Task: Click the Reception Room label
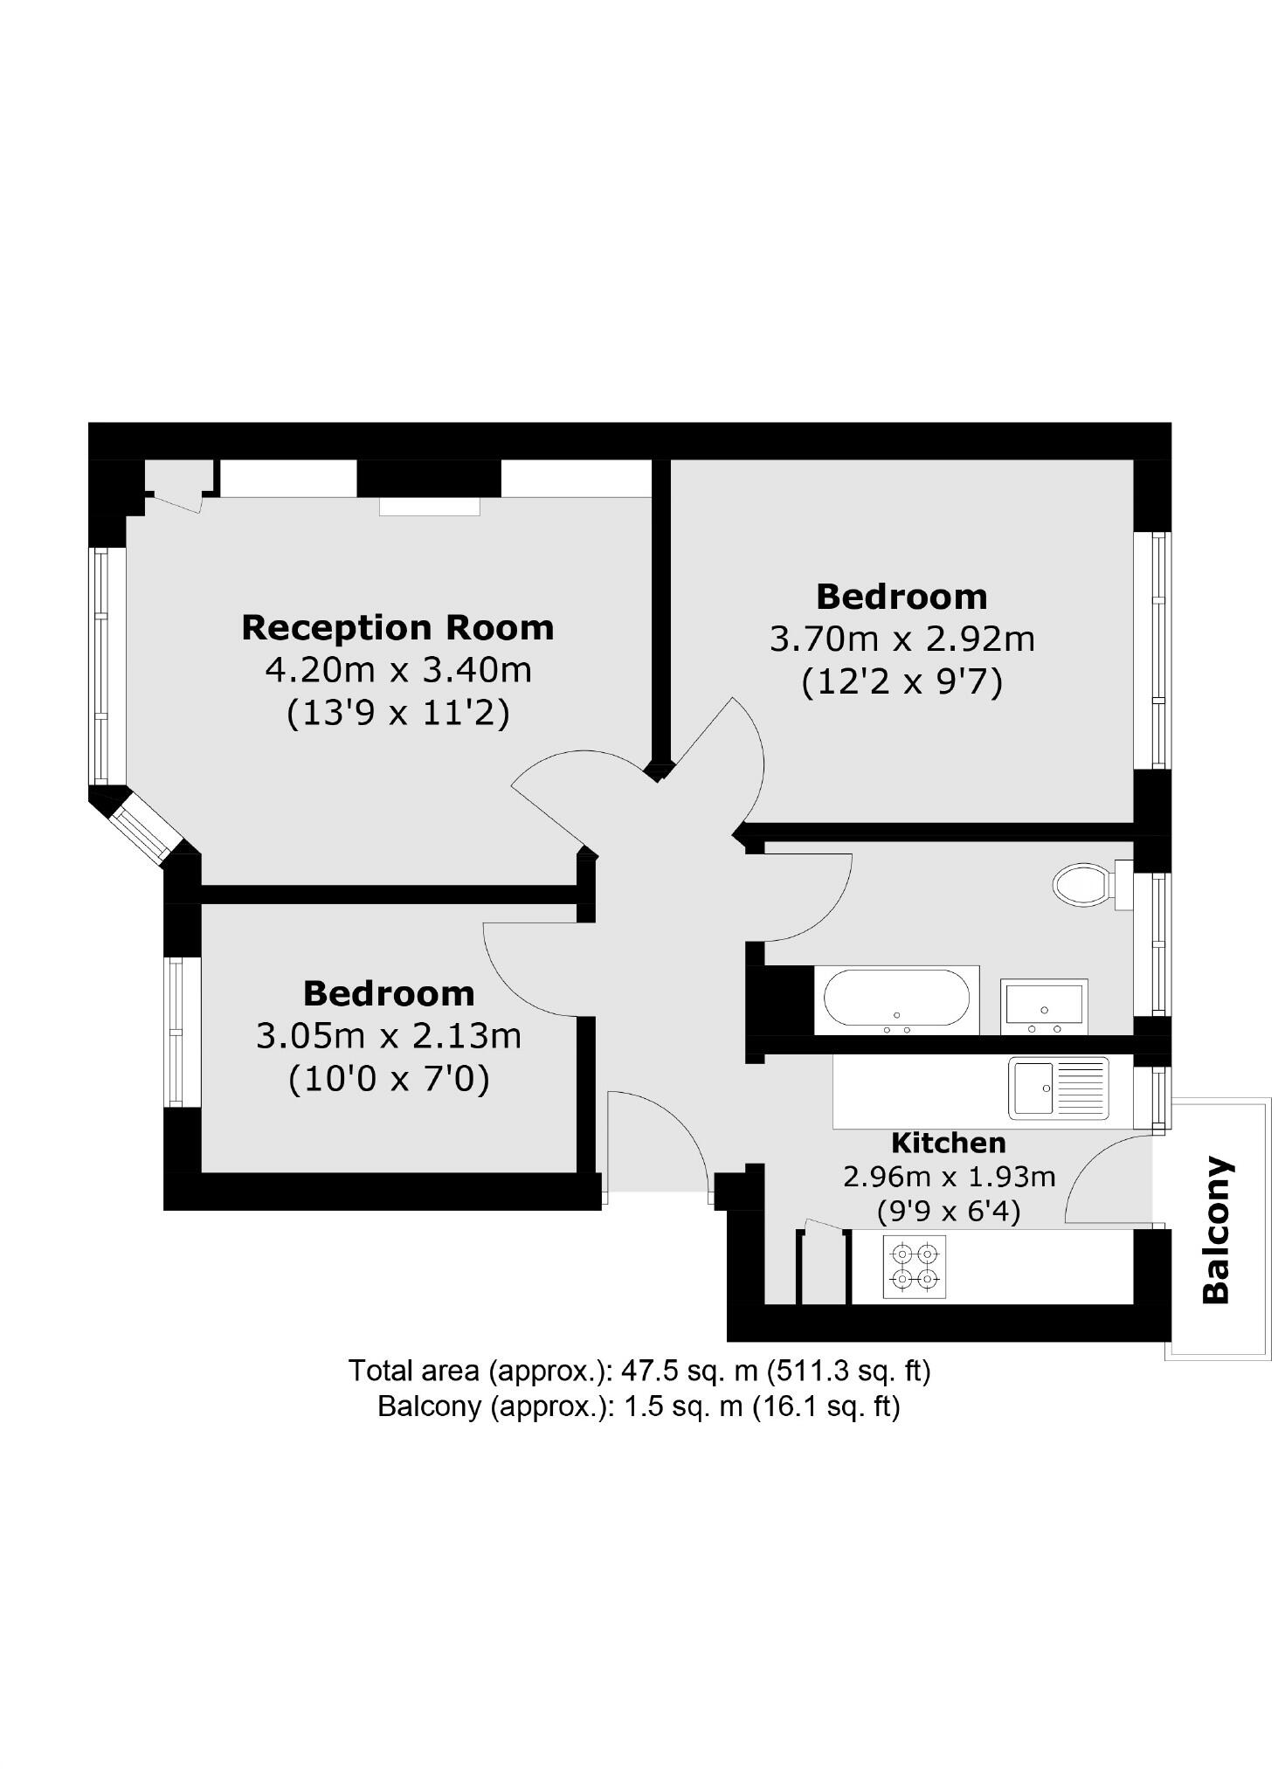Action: (397, 627)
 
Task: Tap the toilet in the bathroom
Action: (1083, 885)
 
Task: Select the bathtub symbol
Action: (896, 998)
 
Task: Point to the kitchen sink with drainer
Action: (1058, 1088)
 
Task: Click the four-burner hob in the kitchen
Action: (914, 1267)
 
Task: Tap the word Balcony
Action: (1216, 1229)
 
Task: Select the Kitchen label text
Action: (948, 1143)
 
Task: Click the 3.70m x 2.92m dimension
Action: (902, 639)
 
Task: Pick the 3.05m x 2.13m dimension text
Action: (389, 1036)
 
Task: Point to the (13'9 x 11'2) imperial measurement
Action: (397, 714)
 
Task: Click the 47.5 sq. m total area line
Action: (639, 1371)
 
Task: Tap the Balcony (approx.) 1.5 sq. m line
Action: (639, 1406)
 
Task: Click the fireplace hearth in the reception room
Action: (429, 507)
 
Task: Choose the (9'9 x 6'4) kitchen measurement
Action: (948, 1212)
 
